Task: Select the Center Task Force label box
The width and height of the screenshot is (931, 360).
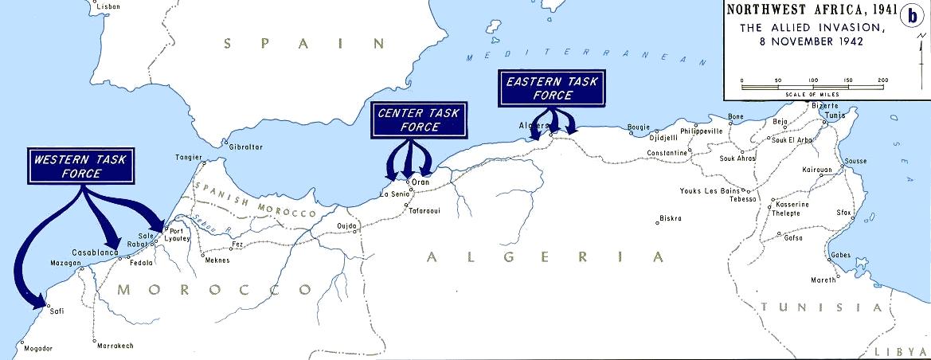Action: [x=418, y=119]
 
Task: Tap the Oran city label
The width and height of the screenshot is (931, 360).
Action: [x=421, y=182]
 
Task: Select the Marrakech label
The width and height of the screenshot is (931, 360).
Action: [x=114, y=346]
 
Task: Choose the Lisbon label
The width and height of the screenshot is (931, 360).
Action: [x=108, y=6]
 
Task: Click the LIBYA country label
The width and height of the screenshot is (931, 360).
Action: [x=900, y=351]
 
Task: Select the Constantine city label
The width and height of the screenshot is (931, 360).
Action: [x=667, y=152]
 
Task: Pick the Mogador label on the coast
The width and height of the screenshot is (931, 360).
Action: [x=37, y=348]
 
